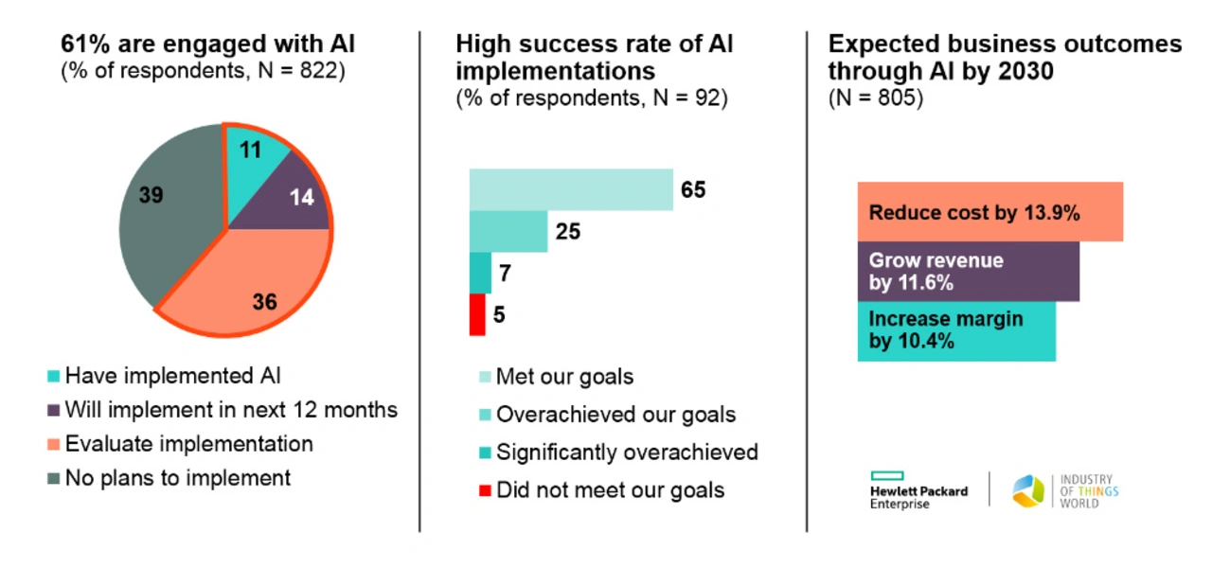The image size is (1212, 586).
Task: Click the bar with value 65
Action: (x=571, y=189)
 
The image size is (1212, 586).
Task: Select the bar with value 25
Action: (x=508, y=231)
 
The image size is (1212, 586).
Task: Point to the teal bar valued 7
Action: (x=480, y=273)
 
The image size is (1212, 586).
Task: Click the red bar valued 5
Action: (x=477, y=314)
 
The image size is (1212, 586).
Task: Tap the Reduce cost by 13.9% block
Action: (x=990, y=211)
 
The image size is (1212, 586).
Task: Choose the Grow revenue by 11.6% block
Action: (x=969, y=271)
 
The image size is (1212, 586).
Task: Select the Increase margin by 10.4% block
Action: (x=956, y=331)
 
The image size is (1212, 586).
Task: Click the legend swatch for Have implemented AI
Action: (x=54, y=376)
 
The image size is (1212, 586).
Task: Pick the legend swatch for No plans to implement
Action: (x=54, y=478)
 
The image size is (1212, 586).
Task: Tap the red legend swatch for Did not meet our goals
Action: (x=485, y=490)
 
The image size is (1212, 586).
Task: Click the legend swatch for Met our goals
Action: (x=485, y=377)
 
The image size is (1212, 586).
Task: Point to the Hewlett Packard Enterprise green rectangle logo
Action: (x=887, y=476)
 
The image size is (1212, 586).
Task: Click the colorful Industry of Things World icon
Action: (x=1028, y=491)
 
